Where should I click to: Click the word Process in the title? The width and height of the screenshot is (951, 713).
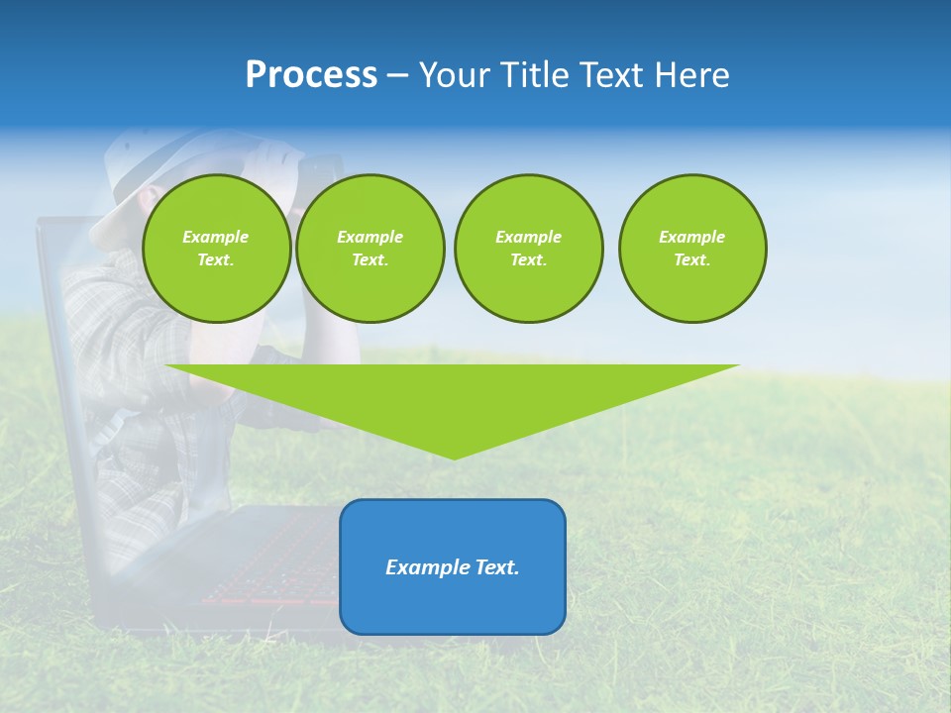(311, 75)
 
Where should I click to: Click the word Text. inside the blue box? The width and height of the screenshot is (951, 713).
(498, 567)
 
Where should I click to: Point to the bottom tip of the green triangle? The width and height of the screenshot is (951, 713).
(454, 458)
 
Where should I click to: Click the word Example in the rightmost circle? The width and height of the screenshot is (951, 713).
(691, 237)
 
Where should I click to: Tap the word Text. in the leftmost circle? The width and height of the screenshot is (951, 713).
(216, 259)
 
